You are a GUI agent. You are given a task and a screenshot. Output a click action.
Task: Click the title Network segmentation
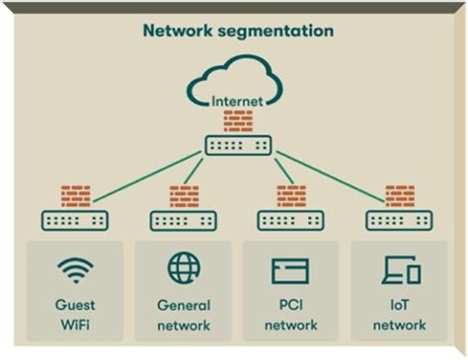pos(238,31)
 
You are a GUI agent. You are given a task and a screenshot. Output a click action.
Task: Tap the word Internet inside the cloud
pos(238,100)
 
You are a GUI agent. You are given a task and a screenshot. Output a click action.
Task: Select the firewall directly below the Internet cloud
pos(238,120)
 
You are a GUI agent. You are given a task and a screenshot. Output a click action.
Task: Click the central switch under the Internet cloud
pos(238,145)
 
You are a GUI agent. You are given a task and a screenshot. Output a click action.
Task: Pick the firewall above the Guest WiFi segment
pos(75,195)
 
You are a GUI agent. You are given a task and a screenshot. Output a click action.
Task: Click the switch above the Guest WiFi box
pos(75,220)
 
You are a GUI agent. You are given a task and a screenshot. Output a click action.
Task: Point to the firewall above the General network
pos(184,195)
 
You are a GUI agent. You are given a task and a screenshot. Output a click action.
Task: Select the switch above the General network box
pos(184,220)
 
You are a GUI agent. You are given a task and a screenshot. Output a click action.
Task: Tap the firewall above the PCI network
pos(291,195)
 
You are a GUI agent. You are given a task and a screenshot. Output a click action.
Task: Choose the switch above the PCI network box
pos(291,220)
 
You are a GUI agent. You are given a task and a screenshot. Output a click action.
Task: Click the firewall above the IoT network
pos(400,195)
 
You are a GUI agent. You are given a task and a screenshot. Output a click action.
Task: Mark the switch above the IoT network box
pos(400,220)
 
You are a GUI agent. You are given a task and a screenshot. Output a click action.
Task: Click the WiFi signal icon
pos(75,269)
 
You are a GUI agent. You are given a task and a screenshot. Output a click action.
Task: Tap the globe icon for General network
pos(184,269)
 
